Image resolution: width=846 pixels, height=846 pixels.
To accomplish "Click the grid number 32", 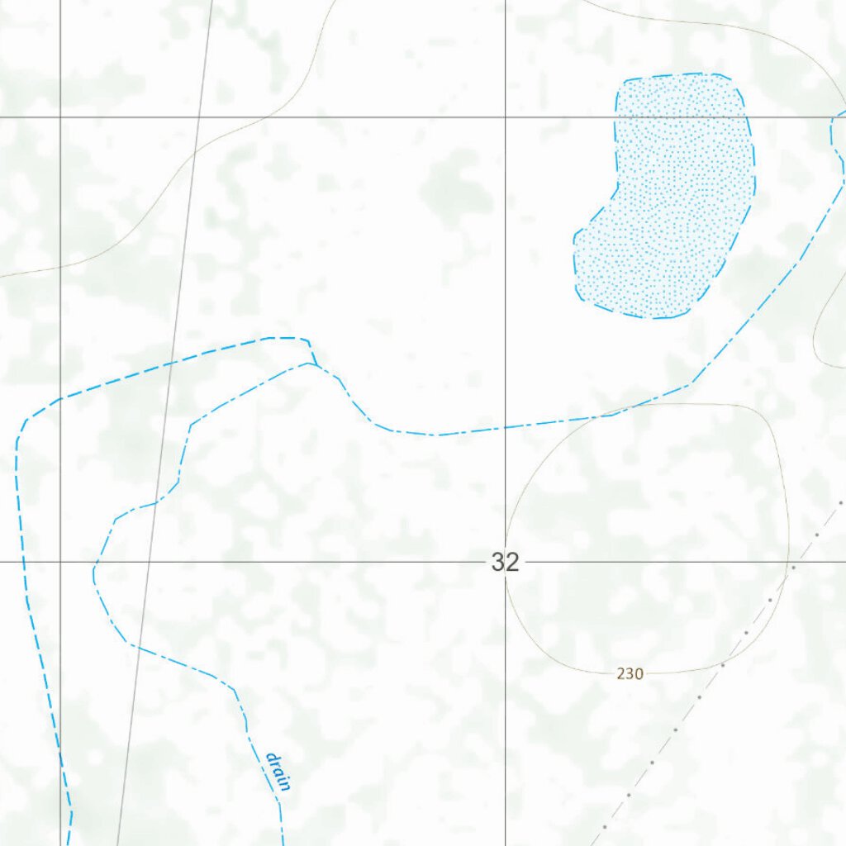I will (505, 563).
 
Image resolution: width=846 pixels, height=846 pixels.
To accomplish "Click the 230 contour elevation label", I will (630, 674).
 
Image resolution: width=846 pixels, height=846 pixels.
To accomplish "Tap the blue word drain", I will (278, 772).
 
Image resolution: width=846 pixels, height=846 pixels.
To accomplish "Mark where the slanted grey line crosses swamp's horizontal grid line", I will (197, 117).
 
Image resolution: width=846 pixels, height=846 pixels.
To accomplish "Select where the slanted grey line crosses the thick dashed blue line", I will (168, 364).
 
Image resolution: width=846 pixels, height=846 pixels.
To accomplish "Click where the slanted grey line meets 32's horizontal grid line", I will (145, 562).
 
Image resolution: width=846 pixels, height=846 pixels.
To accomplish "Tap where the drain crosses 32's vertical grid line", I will (506, 427).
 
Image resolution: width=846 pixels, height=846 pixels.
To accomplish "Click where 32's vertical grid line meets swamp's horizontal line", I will (506, 117).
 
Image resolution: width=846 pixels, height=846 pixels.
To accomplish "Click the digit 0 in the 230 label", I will (639, 674).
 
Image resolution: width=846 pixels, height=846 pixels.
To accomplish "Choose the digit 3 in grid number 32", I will (498, 563).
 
